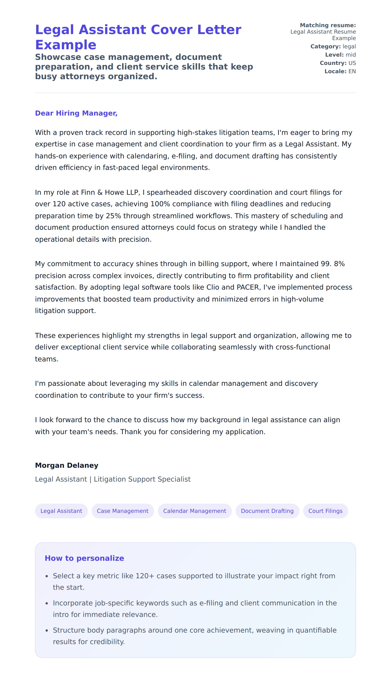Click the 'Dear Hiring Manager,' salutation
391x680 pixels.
tap(76, 113)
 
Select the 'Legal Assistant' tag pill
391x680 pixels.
tap(61, 511)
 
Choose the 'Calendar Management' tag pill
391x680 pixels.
tap(194, 511)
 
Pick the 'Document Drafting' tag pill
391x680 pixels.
tap(267, 511)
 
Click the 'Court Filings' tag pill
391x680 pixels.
tap(325, 511)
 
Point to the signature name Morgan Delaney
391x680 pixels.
tap(67, 465)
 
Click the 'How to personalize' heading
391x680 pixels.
tap(84, 558)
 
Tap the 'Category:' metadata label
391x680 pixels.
tap(325, 46)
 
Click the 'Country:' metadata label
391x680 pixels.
tap(333, 63)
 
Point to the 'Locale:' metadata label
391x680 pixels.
tap(335, 71)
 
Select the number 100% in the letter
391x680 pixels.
tap(160, 204)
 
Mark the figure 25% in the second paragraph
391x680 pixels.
tap(113, 216)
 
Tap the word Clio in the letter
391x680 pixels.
tap(213, 287)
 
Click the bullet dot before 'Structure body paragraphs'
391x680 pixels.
tap(47, 631)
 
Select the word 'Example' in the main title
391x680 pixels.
tap(66, 45)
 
